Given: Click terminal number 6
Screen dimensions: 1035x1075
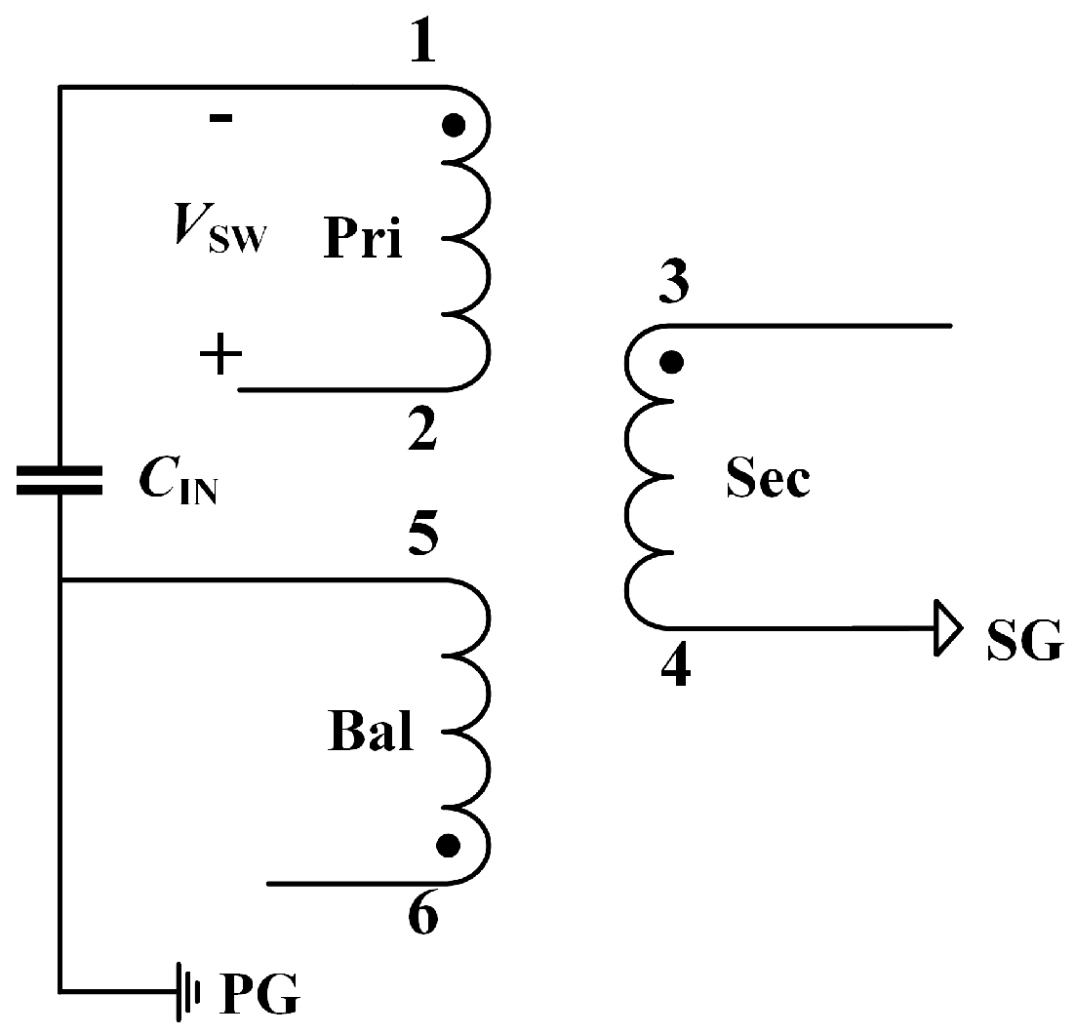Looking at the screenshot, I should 421,917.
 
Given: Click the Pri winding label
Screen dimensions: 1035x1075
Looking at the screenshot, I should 363,240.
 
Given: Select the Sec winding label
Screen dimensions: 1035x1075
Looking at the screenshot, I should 767,480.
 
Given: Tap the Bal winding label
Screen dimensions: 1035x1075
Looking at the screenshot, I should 370,734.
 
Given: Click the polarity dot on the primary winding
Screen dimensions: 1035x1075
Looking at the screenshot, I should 452,125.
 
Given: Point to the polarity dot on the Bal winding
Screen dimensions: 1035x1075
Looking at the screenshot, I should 448,845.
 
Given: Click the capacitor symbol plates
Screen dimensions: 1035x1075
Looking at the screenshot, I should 60,481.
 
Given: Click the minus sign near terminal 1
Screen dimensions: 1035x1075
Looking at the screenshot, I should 221,118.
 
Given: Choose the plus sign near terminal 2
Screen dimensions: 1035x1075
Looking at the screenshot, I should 220,357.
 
